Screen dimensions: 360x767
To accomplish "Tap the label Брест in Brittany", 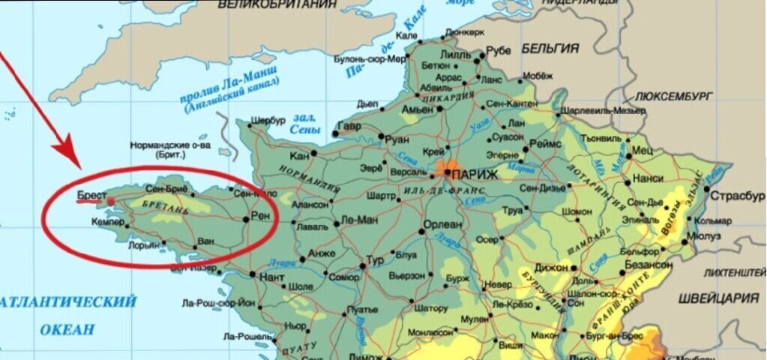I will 91,195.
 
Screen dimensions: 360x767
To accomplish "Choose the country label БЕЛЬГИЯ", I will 550,48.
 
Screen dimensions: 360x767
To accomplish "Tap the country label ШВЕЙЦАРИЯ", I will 721,298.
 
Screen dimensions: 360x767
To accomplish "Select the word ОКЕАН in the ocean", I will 68,328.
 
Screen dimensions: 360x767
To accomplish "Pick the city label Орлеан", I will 443,224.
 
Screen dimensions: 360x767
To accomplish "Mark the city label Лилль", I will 456,54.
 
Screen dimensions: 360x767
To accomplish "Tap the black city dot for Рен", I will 247,220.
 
